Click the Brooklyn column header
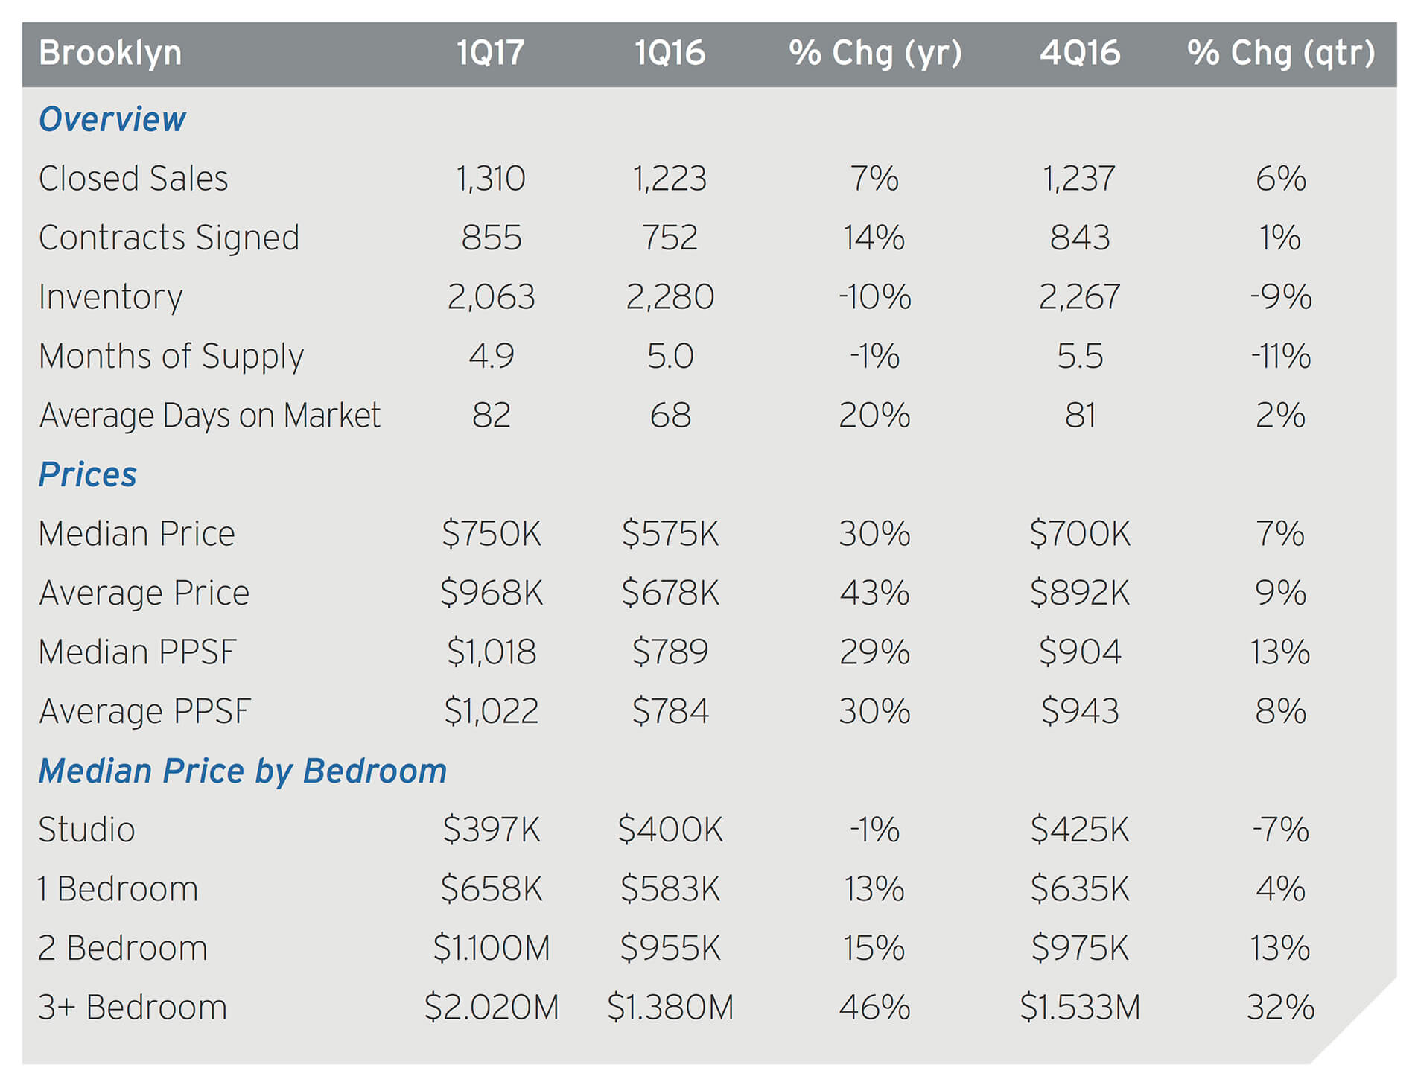coord(110,54)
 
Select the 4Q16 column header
coord(1079,54)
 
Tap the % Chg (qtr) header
coord(1280,54)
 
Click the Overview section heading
coord(112,119)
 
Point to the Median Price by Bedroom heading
coord(242,771)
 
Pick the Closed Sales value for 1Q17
coord(491,179)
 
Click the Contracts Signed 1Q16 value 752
coord(670,238)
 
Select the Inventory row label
coord(110,297)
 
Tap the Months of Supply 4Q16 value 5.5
coord(1079,356)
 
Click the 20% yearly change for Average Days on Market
coord(874,416)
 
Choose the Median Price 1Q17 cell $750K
coord(491,534)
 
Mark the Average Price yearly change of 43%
coord(874,593)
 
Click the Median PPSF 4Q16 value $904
coord(1079,652)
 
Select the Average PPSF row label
coord(144,711)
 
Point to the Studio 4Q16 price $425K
coord(1079,830)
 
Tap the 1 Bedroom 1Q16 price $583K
coord(670,889)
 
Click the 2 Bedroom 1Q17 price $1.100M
coord(491,948)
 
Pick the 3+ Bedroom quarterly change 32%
coord(1280,1008)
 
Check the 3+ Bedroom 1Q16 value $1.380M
coord(670,1008)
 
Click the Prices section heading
coord(87,474)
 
